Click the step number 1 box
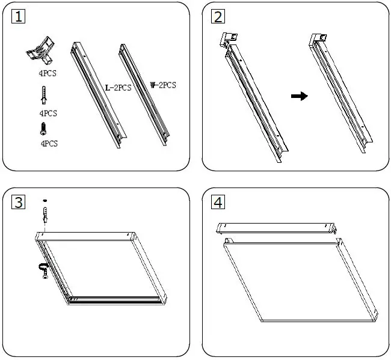(19, 17)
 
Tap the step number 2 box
(218, 17)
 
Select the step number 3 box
(19, 202)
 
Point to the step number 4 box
(218, 202)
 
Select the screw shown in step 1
(43, 128)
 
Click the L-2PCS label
(118, 88)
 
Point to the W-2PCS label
(162, 85)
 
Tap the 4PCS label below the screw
(48, 144)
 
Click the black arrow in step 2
(299, 96)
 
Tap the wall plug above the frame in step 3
(45, 213)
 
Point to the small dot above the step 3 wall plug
(45, 200)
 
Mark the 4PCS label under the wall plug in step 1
(48, 113)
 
